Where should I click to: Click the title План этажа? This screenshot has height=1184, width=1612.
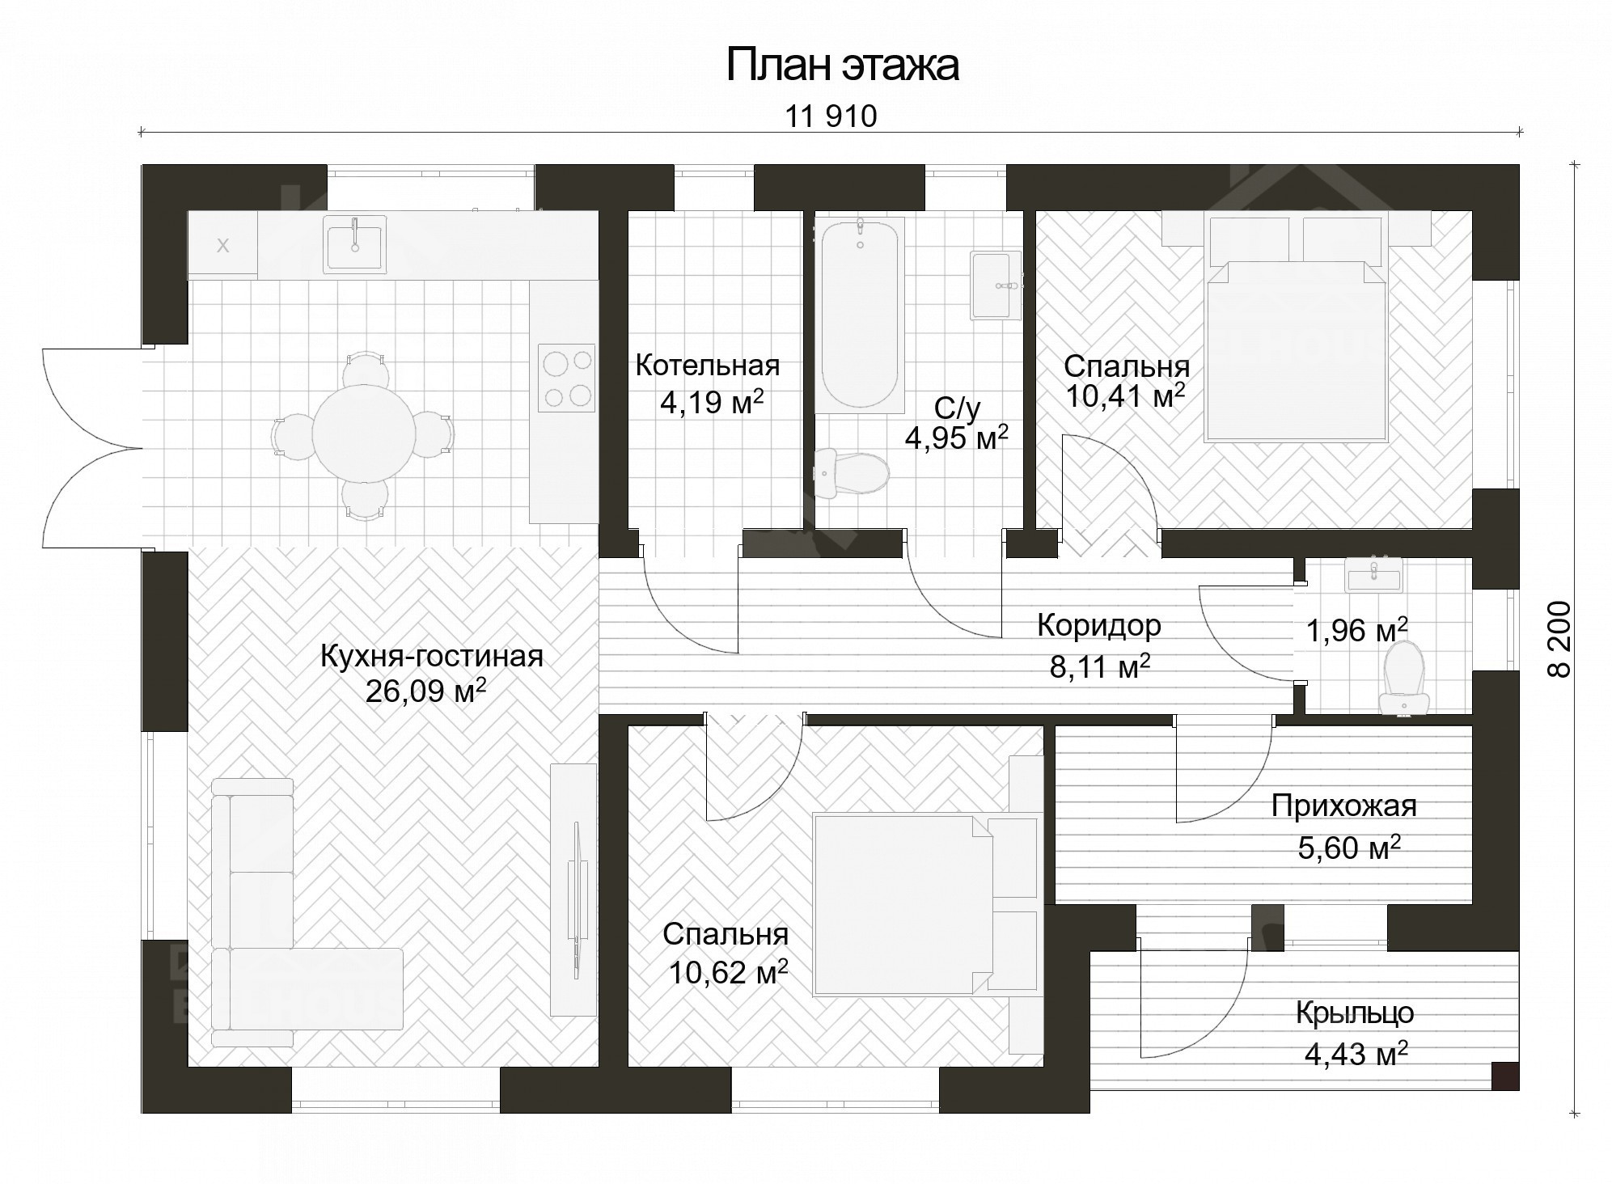(x=842, y=66)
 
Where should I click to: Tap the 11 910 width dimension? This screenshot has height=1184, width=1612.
(x=831, y=117)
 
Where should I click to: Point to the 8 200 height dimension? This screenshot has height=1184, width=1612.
(x=1560, y=638)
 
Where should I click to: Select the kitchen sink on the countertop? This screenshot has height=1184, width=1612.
(x=354, y=243)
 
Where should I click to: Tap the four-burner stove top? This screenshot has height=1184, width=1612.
(x=566, y=378)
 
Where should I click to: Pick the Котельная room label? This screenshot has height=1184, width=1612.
(x=707, y=366)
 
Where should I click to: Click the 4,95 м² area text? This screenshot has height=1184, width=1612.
(x=956, y=438)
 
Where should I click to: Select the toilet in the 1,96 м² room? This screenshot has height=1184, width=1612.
(x=1403, y=678)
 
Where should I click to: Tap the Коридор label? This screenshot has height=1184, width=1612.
(x=1098, y=625)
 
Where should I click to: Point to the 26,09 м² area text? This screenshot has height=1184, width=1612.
(x=425, y=691)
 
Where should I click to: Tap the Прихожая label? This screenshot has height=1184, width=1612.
(x=1343, y=806)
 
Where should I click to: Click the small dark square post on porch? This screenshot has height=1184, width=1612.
(x=1504, y=1075)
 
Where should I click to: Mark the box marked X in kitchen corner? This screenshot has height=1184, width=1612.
(x=223, y=246)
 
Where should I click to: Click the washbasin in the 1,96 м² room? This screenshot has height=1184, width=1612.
(x=1373, y=577)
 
